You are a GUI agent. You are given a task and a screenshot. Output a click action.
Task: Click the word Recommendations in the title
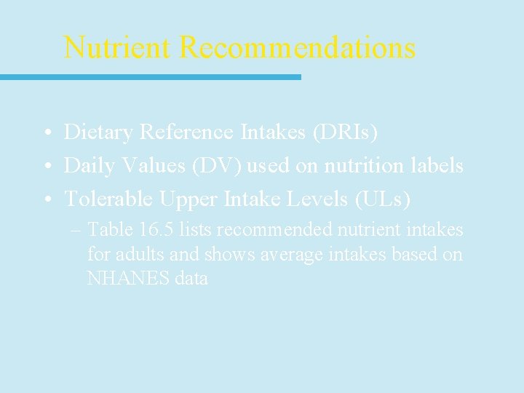pyautogui.click(x=297, y=48)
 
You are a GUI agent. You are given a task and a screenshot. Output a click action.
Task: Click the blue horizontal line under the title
pyautogui.click(x=150, y=76)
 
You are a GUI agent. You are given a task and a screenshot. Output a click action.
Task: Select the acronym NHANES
pyautogui.click(x=128, y=278)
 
